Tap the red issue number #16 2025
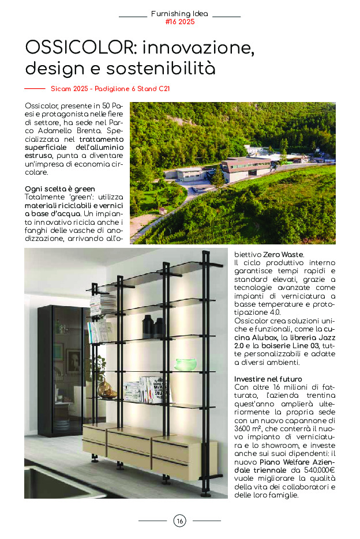180,22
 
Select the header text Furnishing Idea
180,13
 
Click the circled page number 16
180,521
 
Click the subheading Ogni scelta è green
60,189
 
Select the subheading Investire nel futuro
268,379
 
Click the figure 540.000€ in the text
320,471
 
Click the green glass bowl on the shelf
186,364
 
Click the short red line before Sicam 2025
35,89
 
